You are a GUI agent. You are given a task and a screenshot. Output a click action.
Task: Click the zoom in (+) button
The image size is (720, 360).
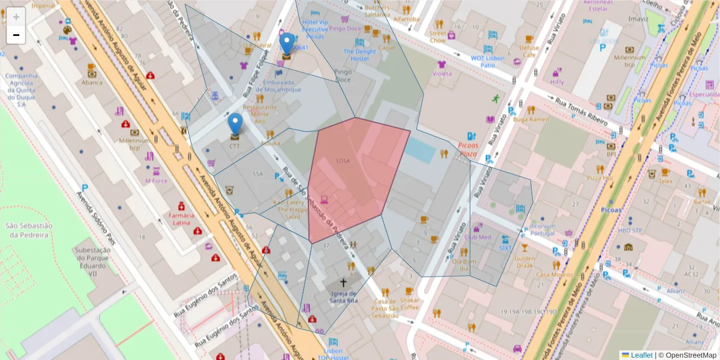(16, 17)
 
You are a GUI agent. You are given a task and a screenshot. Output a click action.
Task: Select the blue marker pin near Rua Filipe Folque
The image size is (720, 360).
(287, 43)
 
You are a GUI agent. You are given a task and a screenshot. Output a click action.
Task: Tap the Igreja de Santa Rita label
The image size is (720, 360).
(344, 297)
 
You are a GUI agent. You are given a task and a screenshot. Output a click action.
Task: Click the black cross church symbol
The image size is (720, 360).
(344, 282)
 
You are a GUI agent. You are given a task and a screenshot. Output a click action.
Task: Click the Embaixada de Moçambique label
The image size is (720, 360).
(281, 86)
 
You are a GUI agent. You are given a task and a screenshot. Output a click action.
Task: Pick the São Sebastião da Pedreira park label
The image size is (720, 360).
(26, 230)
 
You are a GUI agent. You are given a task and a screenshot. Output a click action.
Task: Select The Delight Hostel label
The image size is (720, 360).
(359, 55)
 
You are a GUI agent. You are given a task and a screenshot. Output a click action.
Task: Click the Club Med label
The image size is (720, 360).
(478, 237)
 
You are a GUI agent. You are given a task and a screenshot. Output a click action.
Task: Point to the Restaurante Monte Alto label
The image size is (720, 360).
(260, 114)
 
